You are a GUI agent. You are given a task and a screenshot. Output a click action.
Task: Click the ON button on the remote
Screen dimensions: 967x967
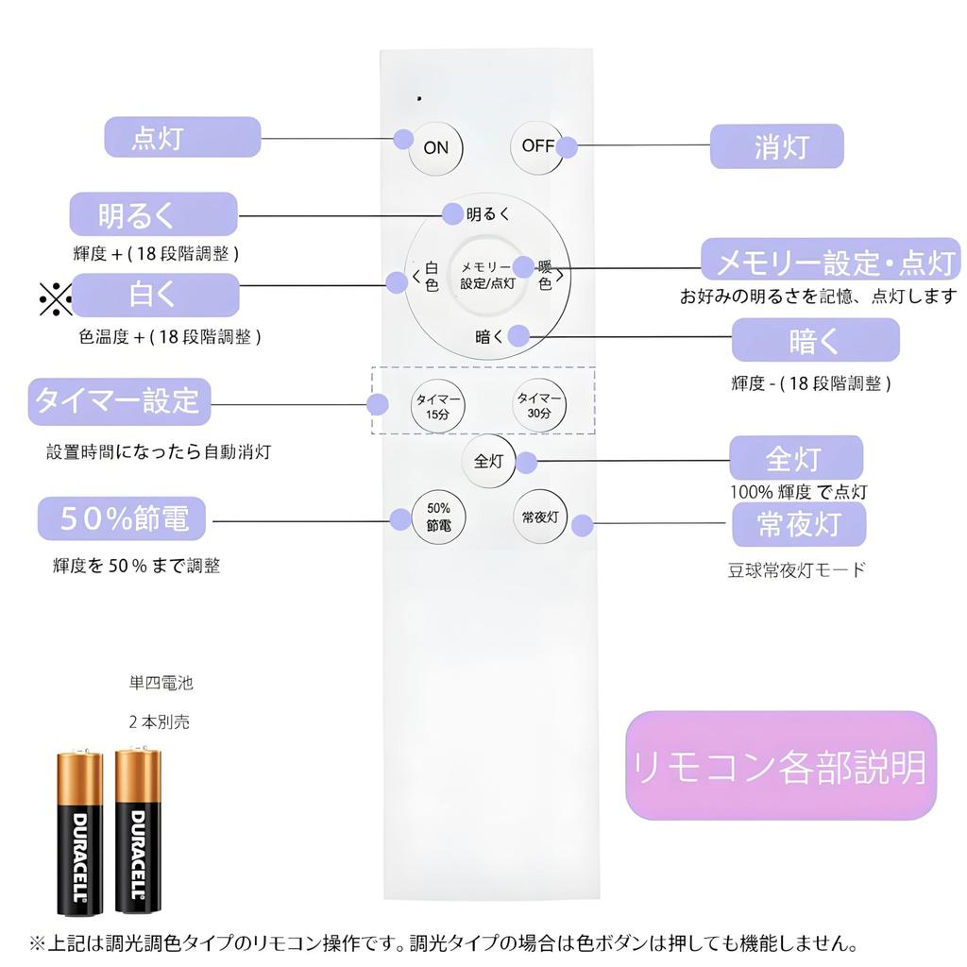click(x=435, y=148)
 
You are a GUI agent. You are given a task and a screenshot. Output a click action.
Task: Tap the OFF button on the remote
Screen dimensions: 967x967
click(x=537, y=146)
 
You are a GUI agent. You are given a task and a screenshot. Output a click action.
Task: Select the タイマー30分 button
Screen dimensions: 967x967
click(x=539, y=406)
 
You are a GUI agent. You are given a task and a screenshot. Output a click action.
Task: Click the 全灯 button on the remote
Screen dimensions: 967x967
click(x=488, y=462)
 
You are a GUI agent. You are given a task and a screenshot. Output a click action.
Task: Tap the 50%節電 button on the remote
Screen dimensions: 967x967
click(x=438, y=517)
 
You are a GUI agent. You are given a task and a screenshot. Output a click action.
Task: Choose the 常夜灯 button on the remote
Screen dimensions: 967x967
click(x=539, y=517)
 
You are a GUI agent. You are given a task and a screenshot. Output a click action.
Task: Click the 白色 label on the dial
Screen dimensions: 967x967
click(x=432, y=277)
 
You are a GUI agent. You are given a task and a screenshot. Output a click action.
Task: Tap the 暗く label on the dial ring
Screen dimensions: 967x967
click(x=490, y=336)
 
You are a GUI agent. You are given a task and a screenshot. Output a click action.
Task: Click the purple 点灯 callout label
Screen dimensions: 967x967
click(x=182, y=137)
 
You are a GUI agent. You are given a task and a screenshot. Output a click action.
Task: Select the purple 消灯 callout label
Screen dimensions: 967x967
click(x=776, y=147)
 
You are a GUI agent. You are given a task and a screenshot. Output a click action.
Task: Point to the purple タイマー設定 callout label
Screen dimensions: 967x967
click(x=119, y=401)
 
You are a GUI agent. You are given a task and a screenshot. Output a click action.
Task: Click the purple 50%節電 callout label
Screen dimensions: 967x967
click(x=123, y=519)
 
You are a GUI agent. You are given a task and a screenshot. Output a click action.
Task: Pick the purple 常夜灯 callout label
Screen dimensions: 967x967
click(x=799, y=524)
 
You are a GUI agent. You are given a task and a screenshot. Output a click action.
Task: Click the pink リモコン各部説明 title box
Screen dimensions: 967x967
click(x=780, y=766)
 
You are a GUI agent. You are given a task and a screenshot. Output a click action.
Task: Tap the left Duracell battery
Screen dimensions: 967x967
click(x=80, y=833)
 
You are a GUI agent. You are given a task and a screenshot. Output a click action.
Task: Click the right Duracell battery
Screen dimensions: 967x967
click(x=138, y=831)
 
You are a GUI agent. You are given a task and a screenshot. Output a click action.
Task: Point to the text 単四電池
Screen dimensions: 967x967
click(x=161, y=683)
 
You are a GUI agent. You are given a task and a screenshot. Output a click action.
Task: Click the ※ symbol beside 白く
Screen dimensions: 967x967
click(x=55, y=298)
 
